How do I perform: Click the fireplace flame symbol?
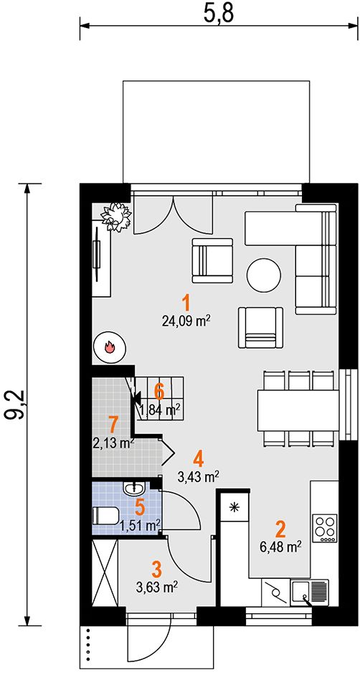[x=110, y=346]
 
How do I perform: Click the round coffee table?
[x=264, y=275]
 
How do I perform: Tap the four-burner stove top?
[x=325, y=529]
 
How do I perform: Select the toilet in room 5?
[x=106, y=515]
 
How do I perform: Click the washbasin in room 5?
[x=134, y=488]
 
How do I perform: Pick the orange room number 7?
[x=113, y=425]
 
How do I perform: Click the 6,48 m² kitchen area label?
[x=280, y=547]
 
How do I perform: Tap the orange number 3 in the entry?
[x=157, y=569]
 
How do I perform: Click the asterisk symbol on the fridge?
[x=235, y=506]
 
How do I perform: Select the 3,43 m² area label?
[x=199, y=476]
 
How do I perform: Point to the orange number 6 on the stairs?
[x=159, y=392]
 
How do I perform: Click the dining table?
[x=298, y=410]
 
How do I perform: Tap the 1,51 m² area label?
[x=140, y=525]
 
